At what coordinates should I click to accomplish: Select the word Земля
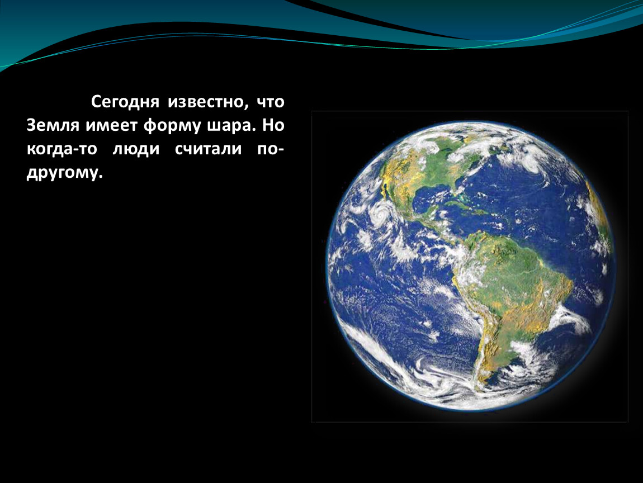click(53, 125)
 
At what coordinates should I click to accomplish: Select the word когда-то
click(62, 149)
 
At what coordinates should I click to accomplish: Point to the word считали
click(209, 149)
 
